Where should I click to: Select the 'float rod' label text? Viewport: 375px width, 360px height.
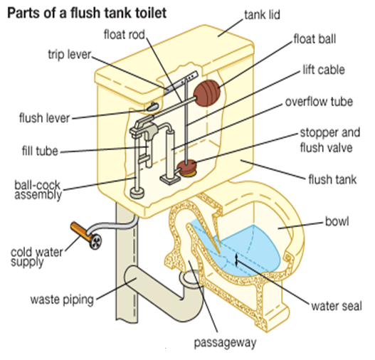click(125, 34)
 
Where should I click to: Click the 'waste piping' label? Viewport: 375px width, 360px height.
click(63, 299)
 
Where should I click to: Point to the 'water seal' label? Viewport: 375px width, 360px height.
click(337, 307)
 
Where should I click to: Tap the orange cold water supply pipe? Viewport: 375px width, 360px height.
click(83, 233)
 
